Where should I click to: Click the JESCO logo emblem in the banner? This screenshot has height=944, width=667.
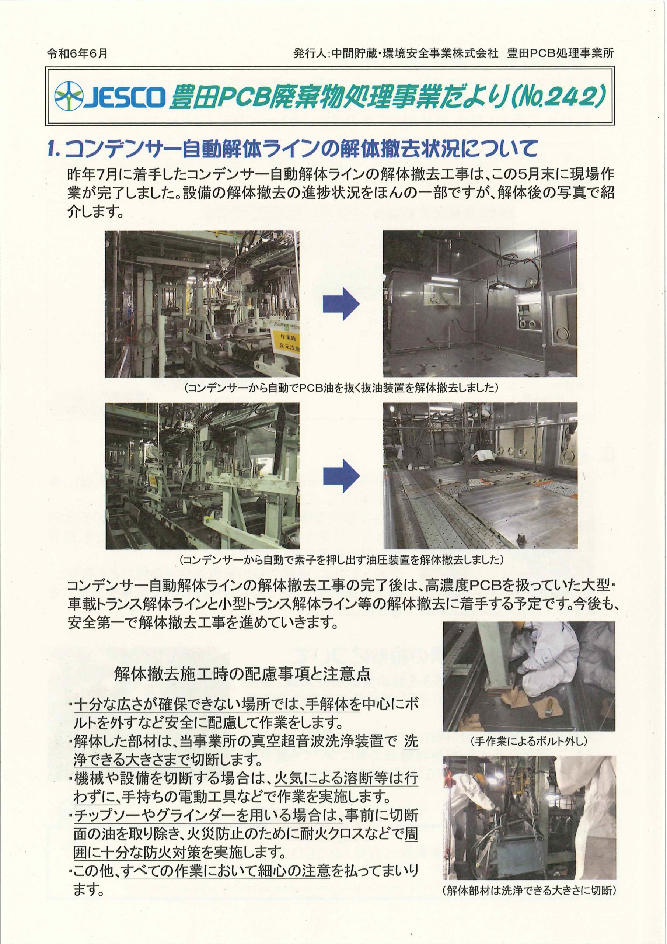click(69, 96)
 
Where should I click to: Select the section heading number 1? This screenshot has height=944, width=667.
click(54, 149)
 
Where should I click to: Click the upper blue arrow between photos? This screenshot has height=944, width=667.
click(341, 304)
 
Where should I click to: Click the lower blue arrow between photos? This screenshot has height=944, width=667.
click(341, 476)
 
